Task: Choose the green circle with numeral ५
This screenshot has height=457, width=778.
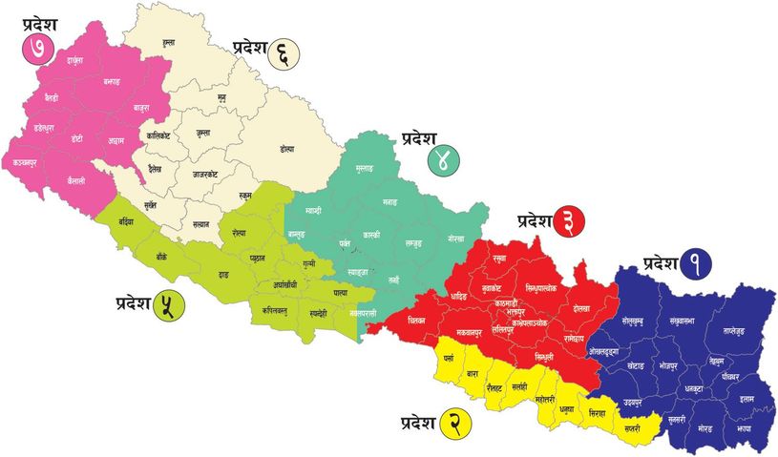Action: click(171, 306)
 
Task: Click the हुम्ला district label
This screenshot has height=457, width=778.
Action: click(169, 43)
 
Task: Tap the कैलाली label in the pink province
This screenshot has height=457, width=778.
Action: click(69, 179)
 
